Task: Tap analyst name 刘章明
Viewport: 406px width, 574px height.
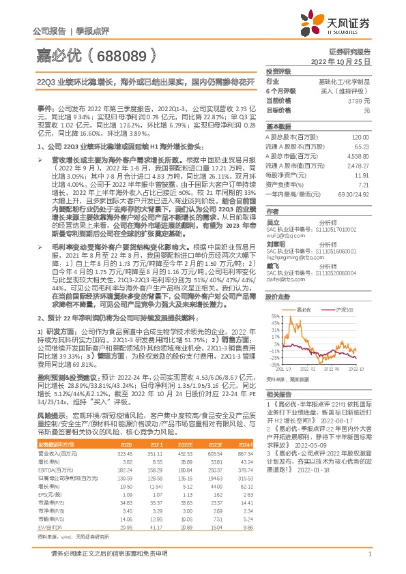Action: pos(276,243)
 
